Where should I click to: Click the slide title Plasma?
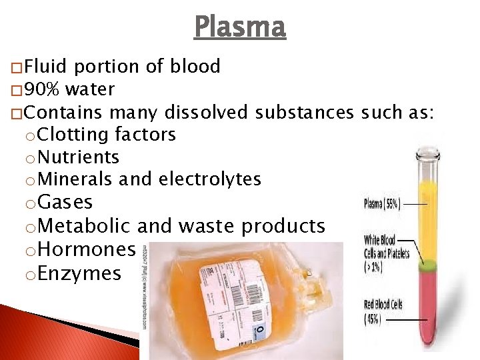(x=240, y=27)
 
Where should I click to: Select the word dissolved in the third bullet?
(x=207, y=112)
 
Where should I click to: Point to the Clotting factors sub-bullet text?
(x=107, y=135)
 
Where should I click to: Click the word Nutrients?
(x=79, y=157)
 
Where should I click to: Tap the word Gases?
(x=65, y=203)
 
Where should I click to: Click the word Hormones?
(x=87, y=250)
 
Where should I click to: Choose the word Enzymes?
(x=80, y=273)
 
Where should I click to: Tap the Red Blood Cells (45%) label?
(x=383, y=311)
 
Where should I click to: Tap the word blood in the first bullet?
(x=195, y=67)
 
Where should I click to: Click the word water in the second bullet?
(x=90, y=89)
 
